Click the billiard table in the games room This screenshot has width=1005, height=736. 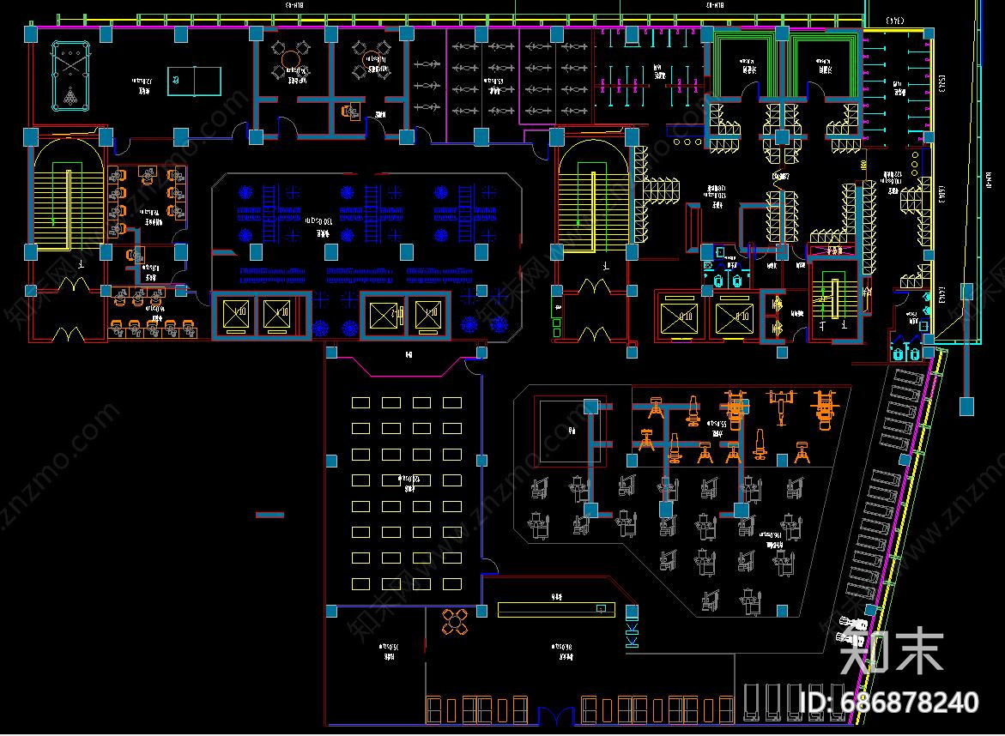(x=71, y=73)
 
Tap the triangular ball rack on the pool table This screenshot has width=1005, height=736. (x=71, y=95)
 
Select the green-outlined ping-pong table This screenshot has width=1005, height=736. (x=193, y=80)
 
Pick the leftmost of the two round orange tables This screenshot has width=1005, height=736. (x=290, y=59)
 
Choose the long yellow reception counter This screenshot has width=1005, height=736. (x=556, y=609)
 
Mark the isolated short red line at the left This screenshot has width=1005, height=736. (x=269, y=515)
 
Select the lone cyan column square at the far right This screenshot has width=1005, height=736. (x=966, y=404)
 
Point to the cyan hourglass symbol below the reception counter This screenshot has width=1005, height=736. (x=633, y=635)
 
